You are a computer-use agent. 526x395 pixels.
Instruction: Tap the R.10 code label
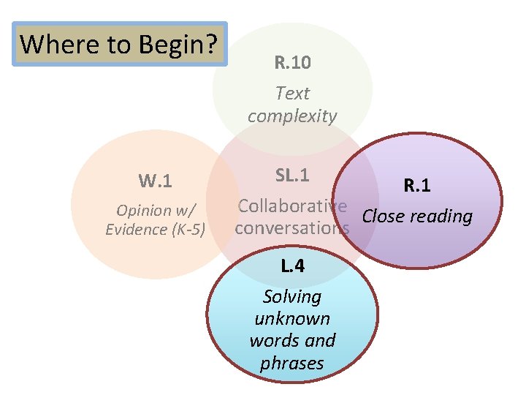[x=292, y=64]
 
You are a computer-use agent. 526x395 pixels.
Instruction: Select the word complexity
[x=292, y=116]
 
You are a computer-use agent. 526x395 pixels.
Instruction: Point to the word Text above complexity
[x=292, y=94]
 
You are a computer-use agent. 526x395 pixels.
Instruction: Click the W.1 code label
[x=155, y=181]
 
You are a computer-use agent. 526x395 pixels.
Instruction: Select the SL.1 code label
[x=292, y=176]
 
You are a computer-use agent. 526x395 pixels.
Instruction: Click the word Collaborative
[x=292, y=206]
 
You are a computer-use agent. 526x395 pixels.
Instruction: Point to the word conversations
[x=292, y=228]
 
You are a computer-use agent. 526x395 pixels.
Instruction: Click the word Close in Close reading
[x=384, y=217]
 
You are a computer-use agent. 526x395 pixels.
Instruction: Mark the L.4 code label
[x=292, y=266]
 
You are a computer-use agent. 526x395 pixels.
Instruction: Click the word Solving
[x=292, y=297]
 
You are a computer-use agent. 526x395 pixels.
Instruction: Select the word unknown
[x=292, y=319]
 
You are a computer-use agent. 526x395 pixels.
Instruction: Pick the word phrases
[x=292, y=364]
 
